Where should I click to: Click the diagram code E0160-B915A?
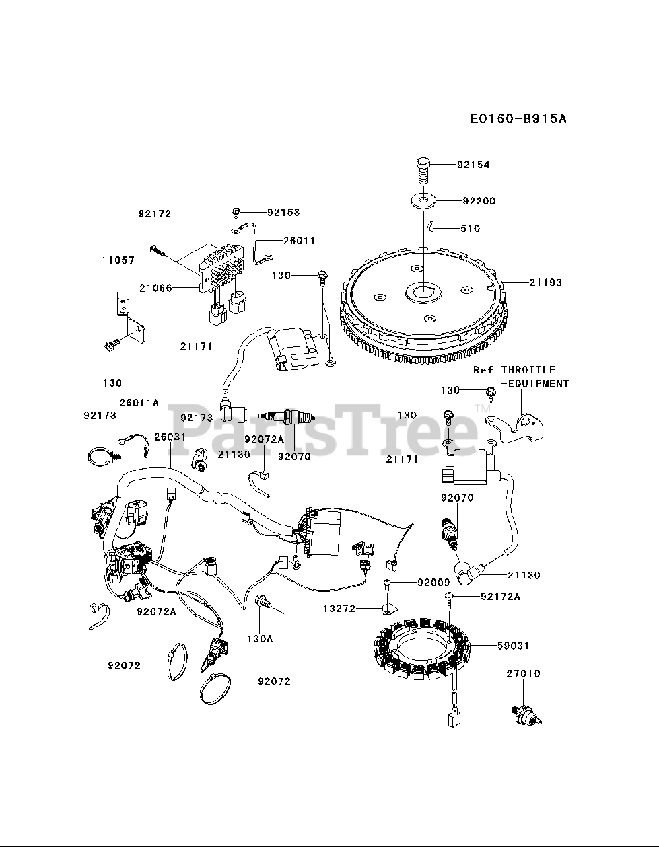518,119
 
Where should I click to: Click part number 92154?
473,165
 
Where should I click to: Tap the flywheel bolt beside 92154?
423,167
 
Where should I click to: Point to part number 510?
471,229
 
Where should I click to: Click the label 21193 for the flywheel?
545,283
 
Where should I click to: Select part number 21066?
156,288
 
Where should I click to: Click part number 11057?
118,260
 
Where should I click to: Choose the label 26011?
299,240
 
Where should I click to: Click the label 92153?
283,213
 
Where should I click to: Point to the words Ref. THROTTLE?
514,370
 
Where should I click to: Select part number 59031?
513,646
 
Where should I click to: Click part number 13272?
339,609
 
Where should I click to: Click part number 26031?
170,437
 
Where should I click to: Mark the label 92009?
433,582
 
